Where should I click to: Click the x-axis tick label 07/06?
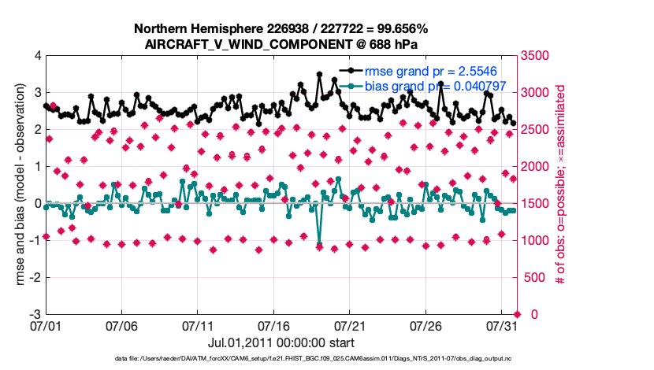[x=122, y=324]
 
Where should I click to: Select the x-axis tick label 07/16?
[x=275, y=324]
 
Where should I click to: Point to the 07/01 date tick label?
[x=46, y=324]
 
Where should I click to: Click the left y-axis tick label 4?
[x=37, y=56]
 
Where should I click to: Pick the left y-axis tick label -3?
[x=35, y=314]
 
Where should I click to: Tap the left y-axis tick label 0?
[x=37, y=203]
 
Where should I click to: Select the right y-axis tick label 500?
[x=533, y=277]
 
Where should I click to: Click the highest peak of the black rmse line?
[x=319, y=74]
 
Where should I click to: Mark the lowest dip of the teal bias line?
[x=319, y=244]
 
